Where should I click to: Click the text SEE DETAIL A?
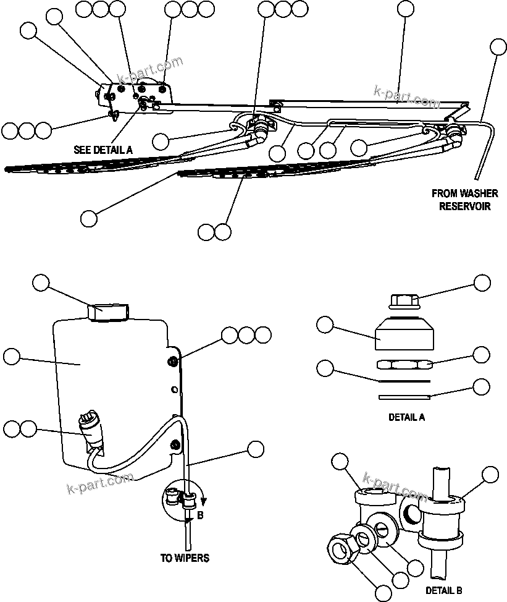(103, 149)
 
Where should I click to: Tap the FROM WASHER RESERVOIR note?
(464, 200)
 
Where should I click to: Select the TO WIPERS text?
(185, 557)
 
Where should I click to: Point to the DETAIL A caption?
(406, 417)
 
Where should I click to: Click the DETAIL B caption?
(444, 590)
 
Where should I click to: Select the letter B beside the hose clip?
(200, 514)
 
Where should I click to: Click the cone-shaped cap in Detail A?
(404, 336)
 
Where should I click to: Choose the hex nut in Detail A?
(404, 364)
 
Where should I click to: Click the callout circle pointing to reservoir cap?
(41, 283)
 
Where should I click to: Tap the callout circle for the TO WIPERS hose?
(254, 449)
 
